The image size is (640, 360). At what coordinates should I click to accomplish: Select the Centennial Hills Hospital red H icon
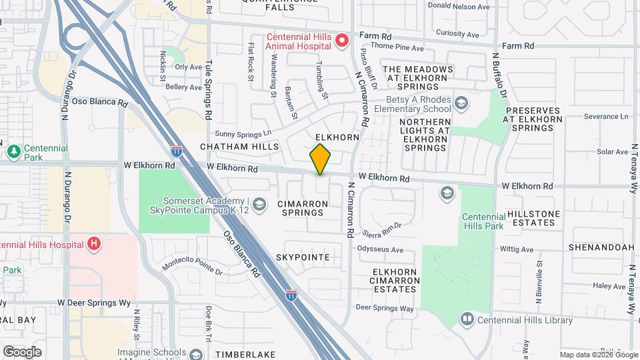point(94,243)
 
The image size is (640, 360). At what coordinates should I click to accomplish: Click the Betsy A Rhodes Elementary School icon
point(461,103)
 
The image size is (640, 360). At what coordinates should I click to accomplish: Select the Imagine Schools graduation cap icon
point(195,353)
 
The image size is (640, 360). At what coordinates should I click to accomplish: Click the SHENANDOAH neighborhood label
point(601,247)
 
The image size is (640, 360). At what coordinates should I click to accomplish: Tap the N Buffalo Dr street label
point(496,79)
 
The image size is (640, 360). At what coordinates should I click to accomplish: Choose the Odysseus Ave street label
point(381,250)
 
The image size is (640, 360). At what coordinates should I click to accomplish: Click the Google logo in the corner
point(22,351)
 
